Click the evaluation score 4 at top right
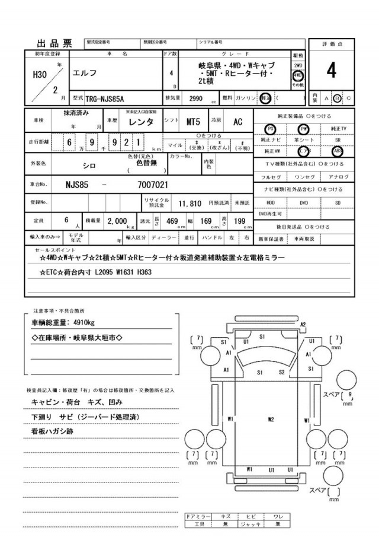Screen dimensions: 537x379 point(331,71)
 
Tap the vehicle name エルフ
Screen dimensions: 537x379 point(84,74)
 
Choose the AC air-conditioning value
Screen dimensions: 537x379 point(237,122)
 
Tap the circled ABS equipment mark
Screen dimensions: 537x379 point(337,150)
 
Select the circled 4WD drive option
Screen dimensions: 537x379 point(298,76)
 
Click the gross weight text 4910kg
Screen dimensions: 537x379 point(80,322)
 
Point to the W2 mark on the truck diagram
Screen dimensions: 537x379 point(271,420)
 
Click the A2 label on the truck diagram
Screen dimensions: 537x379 point(303,325)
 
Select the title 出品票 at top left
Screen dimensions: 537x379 point(54,43)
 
